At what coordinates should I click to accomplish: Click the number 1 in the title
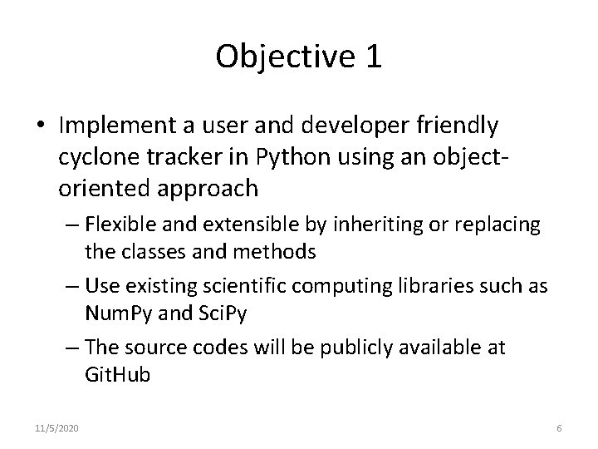point(372,56)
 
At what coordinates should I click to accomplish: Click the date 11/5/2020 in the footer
point(58,427)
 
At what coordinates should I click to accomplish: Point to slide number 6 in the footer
point(559,427)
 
